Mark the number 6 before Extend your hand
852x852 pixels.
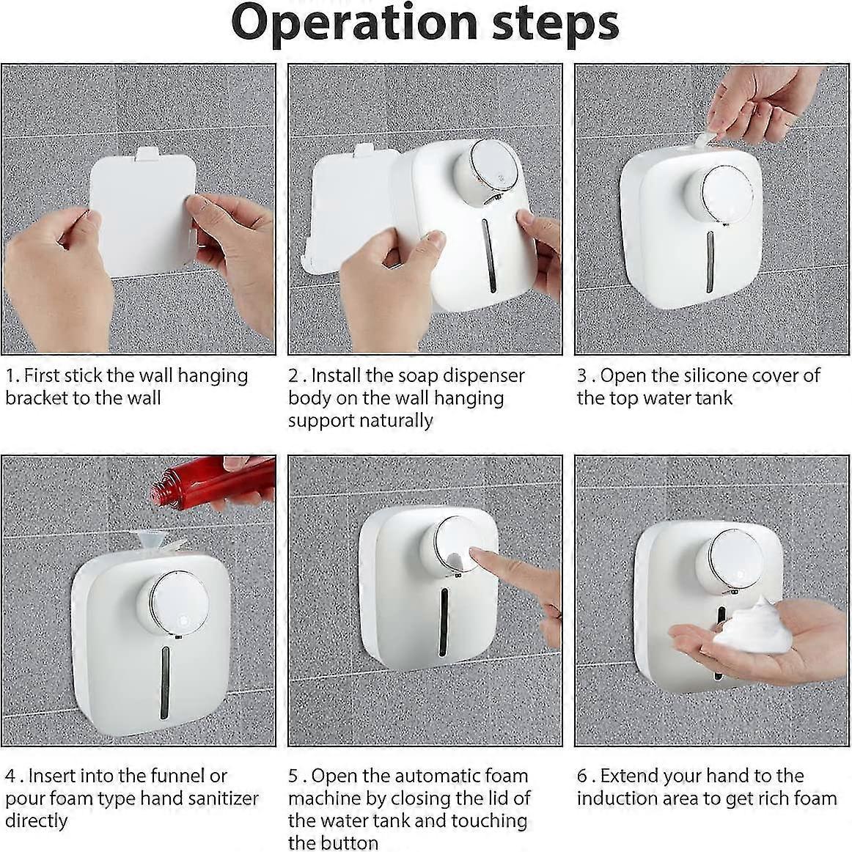point(582,776)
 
